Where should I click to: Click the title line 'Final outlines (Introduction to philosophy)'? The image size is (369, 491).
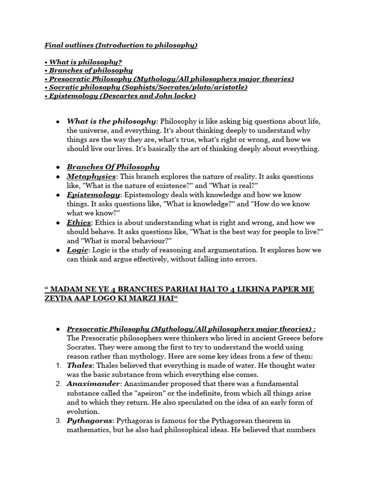point(121,46)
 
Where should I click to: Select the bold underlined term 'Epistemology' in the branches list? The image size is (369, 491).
point(93,195)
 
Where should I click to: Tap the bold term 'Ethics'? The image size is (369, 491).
point(78,223)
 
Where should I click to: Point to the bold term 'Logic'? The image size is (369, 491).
point(77,250)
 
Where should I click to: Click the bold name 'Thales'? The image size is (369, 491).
point(79,366)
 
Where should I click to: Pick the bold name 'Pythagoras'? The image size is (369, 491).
point(89,421)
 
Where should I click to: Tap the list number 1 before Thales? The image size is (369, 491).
point(58,366)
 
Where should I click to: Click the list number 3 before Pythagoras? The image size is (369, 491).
point(58,421)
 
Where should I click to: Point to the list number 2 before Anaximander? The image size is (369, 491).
point(58,384)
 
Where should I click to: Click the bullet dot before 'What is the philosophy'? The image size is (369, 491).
point(58,121)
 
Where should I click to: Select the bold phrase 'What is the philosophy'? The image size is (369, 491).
point(111,121)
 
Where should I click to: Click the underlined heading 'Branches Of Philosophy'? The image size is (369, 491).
point(113,167)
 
